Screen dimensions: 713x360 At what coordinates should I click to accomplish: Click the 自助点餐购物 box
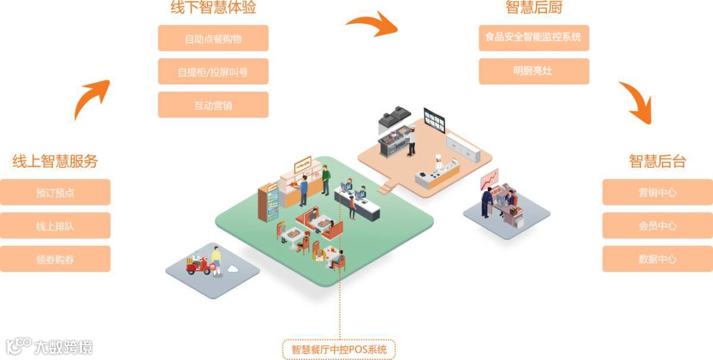pyautogui.click(x=213, y=38)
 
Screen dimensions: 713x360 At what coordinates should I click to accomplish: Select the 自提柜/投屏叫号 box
pyautogui.click(x=213, y=71)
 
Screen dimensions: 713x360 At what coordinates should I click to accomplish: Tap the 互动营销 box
pyautogui.click(x=213, y=105)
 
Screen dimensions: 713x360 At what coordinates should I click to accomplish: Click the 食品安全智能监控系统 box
pyautogui.click(x=533, y=38)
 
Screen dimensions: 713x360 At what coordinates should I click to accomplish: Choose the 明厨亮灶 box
pyautogui.click(x=533, y=71)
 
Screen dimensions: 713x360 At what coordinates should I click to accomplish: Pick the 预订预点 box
pyautogui.click(x=55, y=193)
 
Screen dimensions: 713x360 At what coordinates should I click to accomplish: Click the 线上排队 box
pyautogui.click(x=55, y=226)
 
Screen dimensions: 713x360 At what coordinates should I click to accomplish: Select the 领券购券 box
pyautogui.click(x=55, y=260)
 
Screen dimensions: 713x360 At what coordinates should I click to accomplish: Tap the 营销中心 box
pyautogui.click(x=658, y=192)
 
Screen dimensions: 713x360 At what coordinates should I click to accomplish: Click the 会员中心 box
pyautogui.click(x=658, y=226)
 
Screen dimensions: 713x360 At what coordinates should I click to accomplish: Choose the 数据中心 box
pyautogui.click(x=658, y=259)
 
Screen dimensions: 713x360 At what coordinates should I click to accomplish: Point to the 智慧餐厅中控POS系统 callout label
pyautogui.click(x=339, y=349)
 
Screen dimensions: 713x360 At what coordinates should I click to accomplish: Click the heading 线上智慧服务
pyautogui.click(x=55, y=161)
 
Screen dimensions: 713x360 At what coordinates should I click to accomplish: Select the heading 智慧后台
pyautogui.click(x=658, y=161)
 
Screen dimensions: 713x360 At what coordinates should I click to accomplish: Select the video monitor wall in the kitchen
pyautogui.click(x=434, y=121)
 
